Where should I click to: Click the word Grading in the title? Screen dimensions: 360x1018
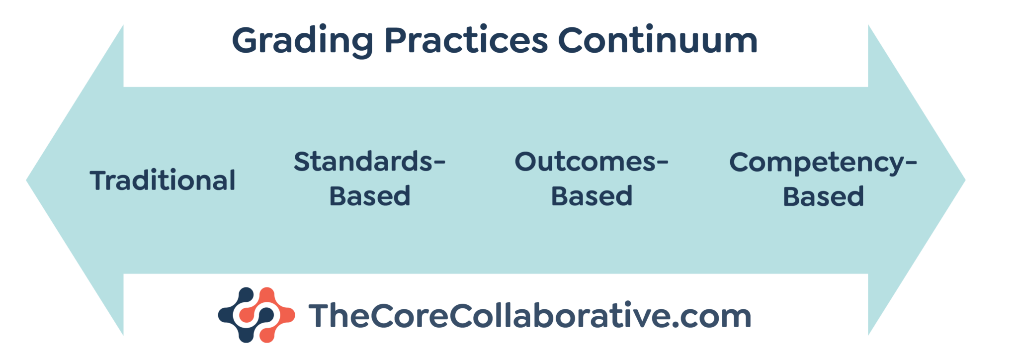click(x=302, y=41)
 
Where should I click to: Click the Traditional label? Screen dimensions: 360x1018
click(x=163, y=180)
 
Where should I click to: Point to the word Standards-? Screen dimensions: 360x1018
click(x=369, y=162)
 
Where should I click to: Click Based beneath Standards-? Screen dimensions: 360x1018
click(x=370, y=196)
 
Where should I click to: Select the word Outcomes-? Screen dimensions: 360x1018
click(x=592, y=162)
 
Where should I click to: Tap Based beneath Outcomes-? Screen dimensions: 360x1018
click(x=592, y=196)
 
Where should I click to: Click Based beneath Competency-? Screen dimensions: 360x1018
click(x=823, y=196)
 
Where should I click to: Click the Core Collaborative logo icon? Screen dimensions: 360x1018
click(x=256, y=315)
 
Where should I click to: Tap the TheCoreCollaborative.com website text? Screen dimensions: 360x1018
click(x=529, y=316)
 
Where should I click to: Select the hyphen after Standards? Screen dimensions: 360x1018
click(x=439, y=163)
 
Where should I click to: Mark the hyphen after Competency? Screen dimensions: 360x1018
click(x=911, y=163)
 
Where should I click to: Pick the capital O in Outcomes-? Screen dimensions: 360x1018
click(x=528, y=162)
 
